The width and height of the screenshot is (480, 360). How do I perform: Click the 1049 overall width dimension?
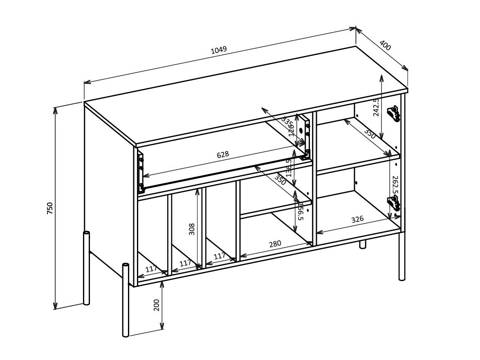point(219,50)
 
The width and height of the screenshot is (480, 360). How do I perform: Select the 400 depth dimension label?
point(385,45)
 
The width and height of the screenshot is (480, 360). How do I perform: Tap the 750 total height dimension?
point(50,208)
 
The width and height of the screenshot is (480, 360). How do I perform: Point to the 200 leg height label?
point(157,305)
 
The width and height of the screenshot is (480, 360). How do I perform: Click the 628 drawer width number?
point(223,155)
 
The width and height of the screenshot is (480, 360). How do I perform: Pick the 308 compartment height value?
point(192,229)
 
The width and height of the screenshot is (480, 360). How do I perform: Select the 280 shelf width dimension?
point(275,244)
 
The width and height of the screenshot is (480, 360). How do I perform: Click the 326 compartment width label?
point(357,219)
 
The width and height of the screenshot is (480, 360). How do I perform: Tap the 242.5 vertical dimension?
point(377,107)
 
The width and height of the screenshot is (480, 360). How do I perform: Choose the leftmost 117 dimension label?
point(151,269)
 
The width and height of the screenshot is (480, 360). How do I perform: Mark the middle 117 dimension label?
point(186,263)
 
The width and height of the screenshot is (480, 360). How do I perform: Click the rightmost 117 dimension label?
point(220,256)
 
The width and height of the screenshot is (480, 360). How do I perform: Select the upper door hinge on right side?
point(393,114)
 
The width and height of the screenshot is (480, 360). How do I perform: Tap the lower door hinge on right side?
point(394,203)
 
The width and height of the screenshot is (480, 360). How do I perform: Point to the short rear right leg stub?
point(362,244)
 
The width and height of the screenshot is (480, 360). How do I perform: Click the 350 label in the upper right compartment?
point(370,134)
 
